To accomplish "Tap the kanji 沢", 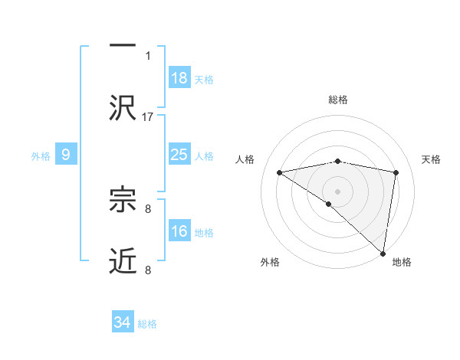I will pos(123,106).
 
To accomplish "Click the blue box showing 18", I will pos(179,78).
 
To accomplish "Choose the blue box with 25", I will pos(179,155).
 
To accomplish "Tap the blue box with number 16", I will pos(179,231).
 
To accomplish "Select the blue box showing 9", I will pos(66,155).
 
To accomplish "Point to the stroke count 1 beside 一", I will pos(148,55).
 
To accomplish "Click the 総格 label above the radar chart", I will pos(338,100).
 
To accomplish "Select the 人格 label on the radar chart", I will pos(246,159).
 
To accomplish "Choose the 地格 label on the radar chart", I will pos(402,262).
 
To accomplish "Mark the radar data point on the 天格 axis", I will pos(396,172).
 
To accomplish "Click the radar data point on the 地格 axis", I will pos(383,253).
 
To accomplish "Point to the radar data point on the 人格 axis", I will pos(280,172).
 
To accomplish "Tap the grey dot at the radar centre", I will pos(337,191).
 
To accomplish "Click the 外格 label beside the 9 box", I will pos(41,155).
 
